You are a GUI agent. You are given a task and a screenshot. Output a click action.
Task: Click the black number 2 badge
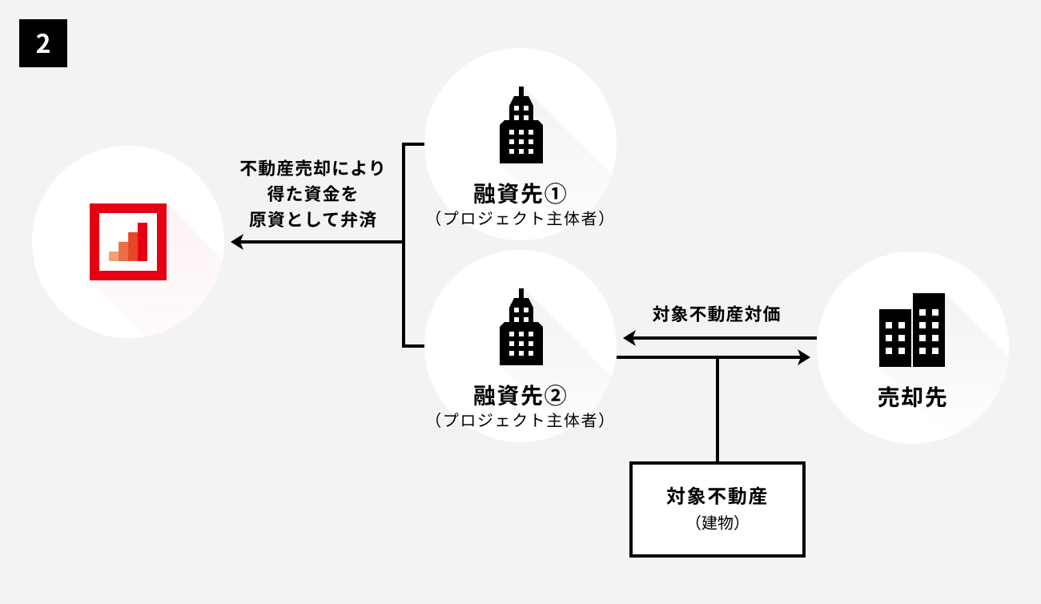pyautogui.click(x=43, y=44)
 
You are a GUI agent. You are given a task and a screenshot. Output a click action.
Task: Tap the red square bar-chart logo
pyautogui.click(x=128, y=241)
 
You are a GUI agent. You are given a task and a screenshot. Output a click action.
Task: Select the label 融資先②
pyautogui.click(x=520, y=395)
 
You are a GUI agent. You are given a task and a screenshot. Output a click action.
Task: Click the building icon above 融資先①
pyautogui.click(x=520, y=125)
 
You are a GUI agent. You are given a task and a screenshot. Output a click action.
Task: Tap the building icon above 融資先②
pyautogui.click(x=520, y=326)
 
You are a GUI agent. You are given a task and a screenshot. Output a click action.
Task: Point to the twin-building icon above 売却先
pyautogui.click(x=912, y=329)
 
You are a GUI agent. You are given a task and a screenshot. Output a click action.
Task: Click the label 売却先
pyautogui.click(x=912, y=398)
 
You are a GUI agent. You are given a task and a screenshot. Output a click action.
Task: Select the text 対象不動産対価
pyautogui.click(x=716, y=314)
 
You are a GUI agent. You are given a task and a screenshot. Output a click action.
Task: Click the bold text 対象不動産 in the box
pyautogui.click(x=717, y=497)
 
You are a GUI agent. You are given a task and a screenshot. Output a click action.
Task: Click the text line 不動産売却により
pyautogui.click(x=312, y=169)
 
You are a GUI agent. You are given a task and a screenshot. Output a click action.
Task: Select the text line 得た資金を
pyautogui.click(x=312, y=195)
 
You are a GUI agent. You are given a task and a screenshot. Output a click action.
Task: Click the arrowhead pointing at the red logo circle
pyautogui.click(x=236, y=242)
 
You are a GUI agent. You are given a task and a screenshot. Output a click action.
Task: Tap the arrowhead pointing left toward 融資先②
pyautogui.click(x=629, y=339)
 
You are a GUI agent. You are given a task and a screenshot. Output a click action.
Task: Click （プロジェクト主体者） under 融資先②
pyautogui.click(x=520, y=419)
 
